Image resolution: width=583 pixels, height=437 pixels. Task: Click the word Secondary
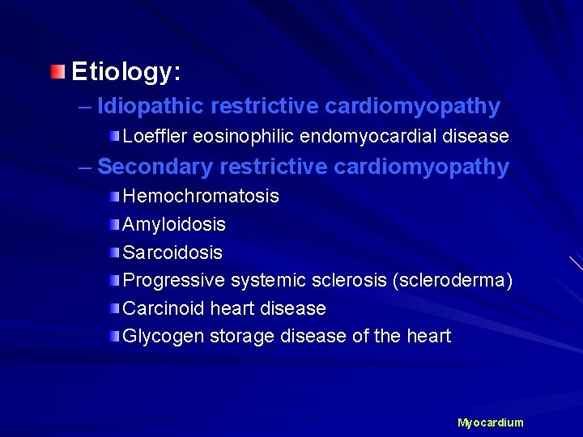tap(155, 168)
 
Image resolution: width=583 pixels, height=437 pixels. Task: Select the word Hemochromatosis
tap(201, 196)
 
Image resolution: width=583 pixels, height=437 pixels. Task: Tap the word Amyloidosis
tap(174, 224)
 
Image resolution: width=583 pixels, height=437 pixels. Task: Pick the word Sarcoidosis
tap(172, 252)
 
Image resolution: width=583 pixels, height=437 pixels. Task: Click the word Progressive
tap(173, 281)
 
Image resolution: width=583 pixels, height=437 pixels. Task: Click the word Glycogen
tap(164, 336)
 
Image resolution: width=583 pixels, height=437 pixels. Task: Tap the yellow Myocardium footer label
tap(491, 422)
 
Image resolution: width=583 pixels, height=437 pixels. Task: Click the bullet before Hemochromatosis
tap(116, 196)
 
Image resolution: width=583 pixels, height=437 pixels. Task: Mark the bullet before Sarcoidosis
tap(116, 252)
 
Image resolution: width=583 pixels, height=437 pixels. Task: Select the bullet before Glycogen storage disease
tap(116, 336)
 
